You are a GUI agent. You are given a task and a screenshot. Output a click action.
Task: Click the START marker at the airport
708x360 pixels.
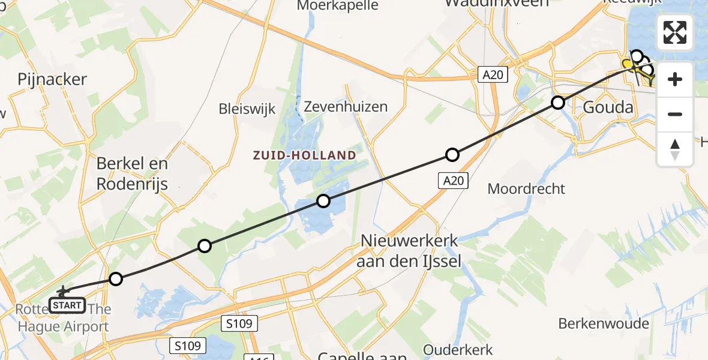pyautogui.click(x=67, y=305)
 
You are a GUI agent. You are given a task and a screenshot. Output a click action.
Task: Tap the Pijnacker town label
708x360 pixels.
pyautogui.click(x=52, y=79)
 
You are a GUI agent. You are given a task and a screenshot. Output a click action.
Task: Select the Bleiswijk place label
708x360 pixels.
pyautogui.click(x=247, y=109)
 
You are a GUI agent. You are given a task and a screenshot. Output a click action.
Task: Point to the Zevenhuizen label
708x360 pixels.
pyautogui.click(x=346, y=107)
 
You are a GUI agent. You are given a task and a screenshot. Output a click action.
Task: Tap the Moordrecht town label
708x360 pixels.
pyautogui.click(x=526, y=188)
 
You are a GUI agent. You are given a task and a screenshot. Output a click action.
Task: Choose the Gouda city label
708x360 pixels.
pyautogui.click(x=608, y=107)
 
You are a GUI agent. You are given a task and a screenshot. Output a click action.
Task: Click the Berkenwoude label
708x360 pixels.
pyautogui.click(x=604, y=323)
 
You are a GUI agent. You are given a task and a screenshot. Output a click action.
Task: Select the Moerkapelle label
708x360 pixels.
pyautogui.click(x=339, y=5)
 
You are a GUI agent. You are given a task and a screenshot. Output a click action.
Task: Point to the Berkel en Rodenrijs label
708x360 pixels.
pyautogui.click(x=133, y=173)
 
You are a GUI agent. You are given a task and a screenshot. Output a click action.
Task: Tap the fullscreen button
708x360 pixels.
pyautogui.click(x=675, y=32)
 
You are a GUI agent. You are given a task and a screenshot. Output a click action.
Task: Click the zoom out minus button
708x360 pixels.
pyautogui.click(x=675, y=114)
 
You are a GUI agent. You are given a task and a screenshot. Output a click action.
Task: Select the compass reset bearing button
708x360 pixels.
pyautogui.click(x=675, y=149)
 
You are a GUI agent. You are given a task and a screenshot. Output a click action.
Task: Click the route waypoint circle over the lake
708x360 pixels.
pyautogui.click(x=323, y=201)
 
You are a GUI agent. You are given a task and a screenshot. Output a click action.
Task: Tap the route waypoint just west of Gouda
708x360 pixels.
pyautogui.click(x=558, y=103)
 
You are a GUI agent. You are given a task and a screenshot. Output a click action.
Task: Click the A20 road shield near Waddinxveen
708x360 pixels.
pyautogui.click(x=493, y=74)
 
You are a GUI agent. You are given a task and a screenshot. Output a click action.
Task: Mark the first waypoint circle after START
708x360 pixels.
pyautogui.click(x=116, y=278)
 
